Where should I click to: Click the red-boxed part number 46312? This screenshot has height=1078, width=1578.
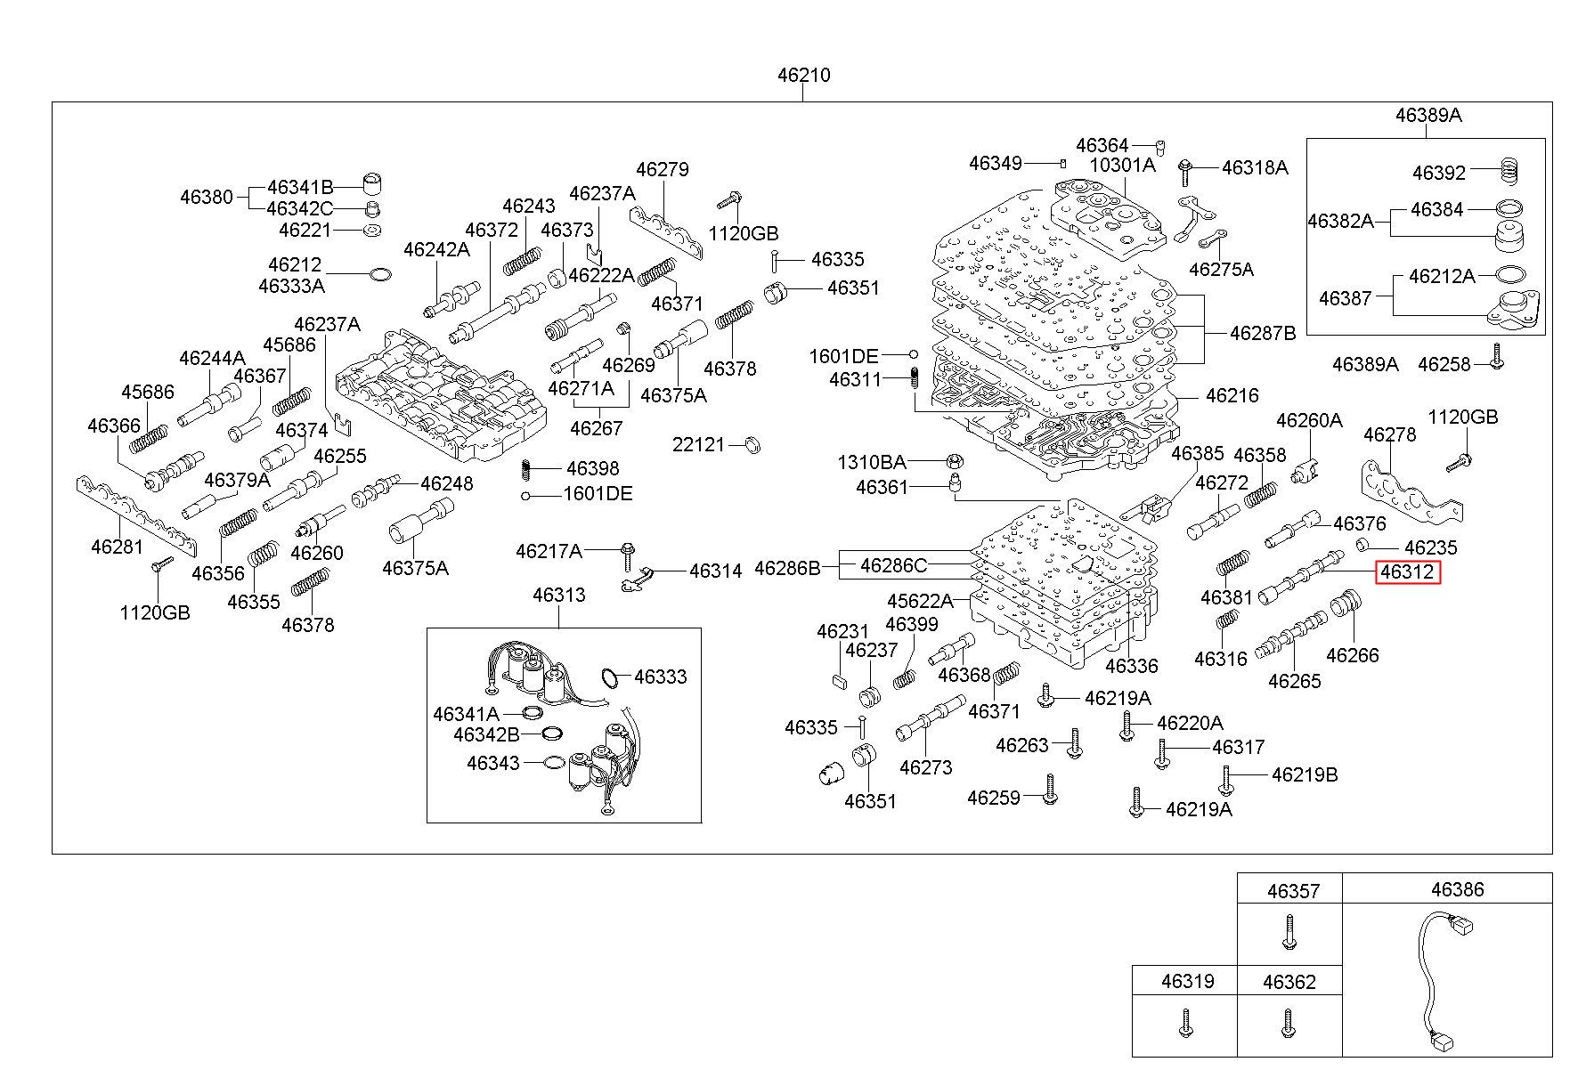(1407, 571)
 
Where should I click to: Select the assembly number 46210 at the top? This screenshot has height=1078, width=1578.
(803, 75)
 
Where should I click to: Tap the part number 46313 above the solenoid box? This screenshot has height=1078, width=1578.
(559, 595)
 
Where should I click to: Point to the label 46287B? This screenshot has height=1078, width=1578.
(1263, 333)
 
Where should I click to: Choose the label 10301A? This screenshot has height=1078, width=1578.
(1122, 165)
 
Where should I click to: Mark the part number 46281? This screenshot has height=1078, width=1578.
(117, 546)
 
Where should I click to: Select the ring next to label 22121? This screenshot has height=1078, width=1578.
(751, 444)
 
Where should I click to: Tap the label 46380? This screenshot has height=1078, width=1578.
(207, 197)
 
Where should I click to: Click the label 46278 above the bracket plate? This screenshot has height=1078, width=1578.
(1390, 434)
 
